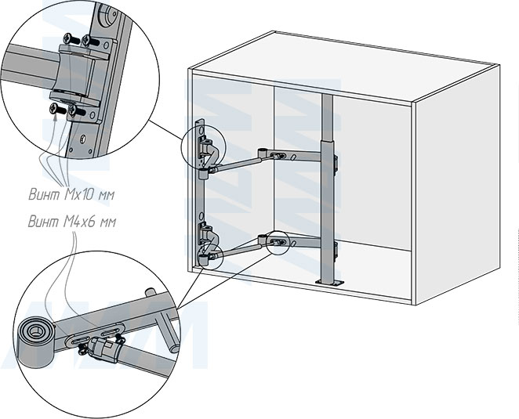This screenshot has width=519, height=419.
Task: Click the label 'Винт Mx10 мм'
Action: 71,194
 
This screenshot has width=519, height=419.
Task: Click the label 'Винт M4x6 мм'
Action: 72,222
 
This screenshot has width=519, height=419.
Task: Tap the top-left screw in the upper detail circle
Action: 71,39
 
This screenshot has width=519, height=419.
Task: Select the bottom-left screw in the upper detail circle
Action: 58,109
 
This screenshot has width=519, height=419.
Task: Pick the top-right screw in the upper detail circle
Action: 90,41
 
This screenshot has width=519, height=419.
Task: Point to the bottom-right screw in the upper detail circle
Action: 77,110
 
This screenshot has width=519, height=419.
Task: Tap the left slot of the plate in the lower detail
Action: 78,341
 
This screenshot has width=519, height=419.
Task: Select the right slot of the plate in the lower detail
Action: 111,331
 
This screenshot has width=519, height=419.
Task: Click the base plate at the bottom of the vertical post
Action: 330,283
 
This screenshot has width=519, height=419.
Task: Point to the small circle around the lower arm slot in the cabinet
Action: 278,243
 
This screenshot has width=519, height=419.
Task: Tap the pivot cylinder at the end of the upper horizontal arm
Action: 263,154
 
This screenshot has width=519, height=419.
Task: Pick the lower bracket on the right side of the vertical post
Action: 336,249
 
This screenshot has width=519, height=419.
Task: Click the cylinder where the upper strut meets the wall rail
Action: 203,174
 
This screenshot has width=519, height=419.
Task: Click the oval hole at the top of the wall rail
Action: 201,127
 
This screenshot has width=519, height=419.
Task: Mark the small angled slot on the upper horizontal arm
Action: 293,157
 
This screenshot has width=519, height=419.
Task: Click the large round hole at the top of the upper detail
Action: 108,14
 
